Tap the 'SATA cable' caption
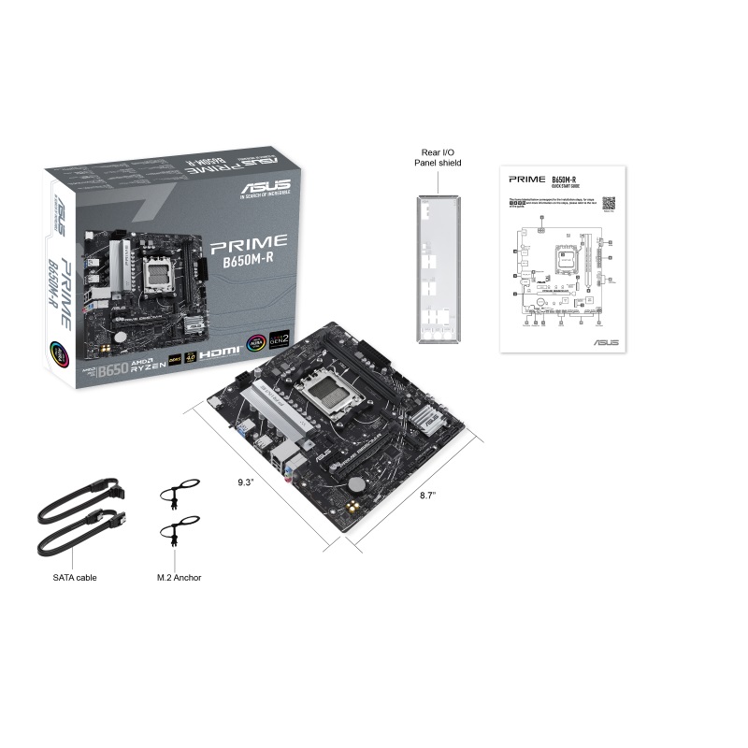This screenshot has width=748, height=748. pyautogui.click(x=75, y=577)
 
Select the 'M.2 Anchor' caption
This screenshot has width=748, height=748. pyautogui.click(x=180, y=577)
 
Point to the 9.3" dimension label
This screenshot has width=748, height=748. pyautogui.click(x=245, y=482)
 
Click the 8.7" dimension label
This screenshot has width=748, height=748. pyautogui.click(x=426, y=495)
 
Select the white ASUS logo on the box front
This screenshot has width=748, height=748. pyautogui.click(x=266, y=189)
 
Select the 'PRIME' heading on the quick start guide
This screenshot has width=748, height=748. pyautogui.click(x=525, y=178)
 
